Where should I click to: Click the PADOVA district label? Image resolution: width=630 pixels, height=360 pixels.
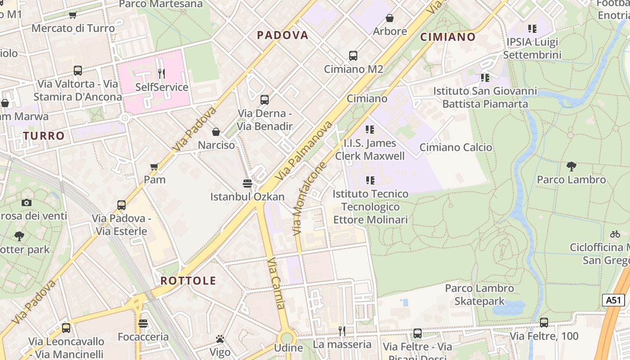pyautogui.click(x=283, y=35)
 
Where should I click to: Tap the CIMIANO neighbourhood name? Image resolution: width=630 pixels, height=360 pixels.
pyautogui.click(x=448, y=37)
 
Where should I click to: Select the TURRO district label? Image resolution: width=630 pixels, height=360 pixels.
pyautogui.click(x=44, y=135)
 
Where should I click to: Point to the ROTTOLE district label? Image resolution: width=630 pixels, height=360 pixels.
pyautogui.click(x=189, y=281)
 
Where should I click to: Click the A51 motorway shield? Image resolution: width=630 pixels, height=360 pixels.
pyautogui.click(x=613, y=300)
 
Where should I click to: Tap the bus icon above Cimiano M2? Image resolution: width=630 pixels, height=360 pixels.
pyautogui.click(x=353, y=56)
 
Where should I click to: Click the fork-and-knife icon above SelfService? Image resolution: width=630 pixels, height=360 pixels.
pyautogui.click(x=162, y=73)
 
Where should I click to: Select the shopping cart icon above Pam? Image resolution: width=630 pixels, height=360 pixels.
pyautogui.click(x=154, y=166)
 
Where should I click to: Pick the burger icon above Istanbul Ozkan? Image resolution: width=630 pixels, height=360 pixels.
pyautogui.click(x=247, y=183)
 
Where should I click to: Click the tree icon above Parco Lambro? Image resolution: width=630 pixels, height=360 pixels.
pyautogui.click(x=571, y=166)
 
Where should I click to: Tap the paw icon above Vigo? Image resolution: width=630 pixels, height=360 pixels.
pyautogui.click(x=220, y=339)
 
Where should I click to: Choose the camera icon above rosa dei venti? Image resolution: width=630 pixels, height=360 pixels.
pyautogui.click(x=27, y=202)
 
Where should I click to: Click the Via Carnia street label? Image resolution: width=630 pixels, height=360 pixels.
pyautogui.click(x=276, y=283)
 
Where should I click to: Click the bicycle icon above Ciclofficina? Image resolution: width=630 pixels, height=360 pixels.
pyautogui.click(x=615, y=234)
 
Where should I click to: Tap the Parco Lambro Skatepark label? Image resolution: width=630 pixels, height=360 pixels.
pyautogui.click(x=479, y=295)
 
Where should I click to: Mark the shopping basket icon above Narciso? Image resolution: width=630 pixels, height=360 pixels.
pyautogui.click(x=216, y=132)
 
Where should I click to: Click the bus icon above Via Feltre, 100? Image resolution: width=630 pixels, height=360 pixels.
pyautogui.click(x=544, y=322)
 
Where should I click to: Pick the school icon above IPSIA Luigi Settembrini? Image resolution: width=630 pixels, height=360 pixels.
pyautogui.click(x=532, y=29)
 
